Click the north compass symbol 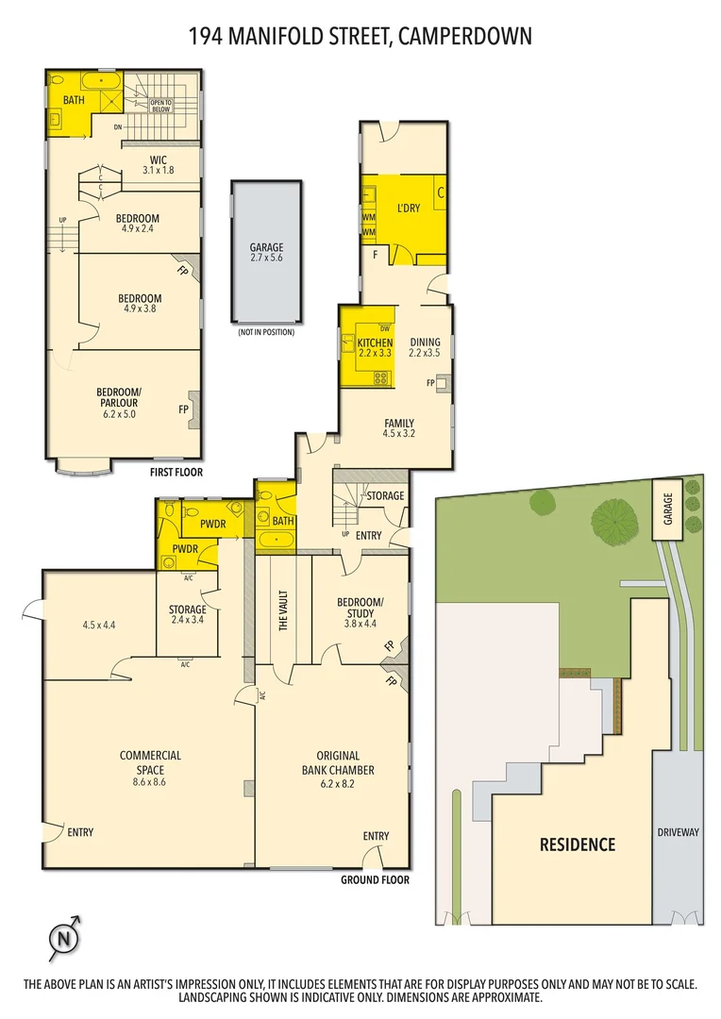65,939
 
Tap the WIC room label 158,160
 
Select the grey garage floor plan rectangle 266,252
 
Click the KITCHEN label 376,342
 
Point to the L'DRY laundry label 409,208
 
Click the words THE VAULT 283,610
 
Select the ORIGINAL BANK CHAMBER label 338,763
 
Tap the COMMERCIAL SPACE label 150,761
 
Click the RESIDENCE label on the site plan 578,844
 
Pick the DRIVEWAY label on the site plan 679,832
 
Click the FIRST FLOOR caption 176,473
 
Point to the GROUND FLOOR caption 376,880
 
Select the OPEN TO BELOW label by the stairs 160,106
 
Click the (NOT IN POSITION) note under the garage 266,332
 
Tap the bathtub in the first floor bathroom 101,82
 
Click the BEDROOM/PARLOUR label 119,397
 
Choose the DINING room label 426,342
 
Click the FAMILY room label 399,423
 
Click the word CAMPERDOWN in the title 465,36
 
